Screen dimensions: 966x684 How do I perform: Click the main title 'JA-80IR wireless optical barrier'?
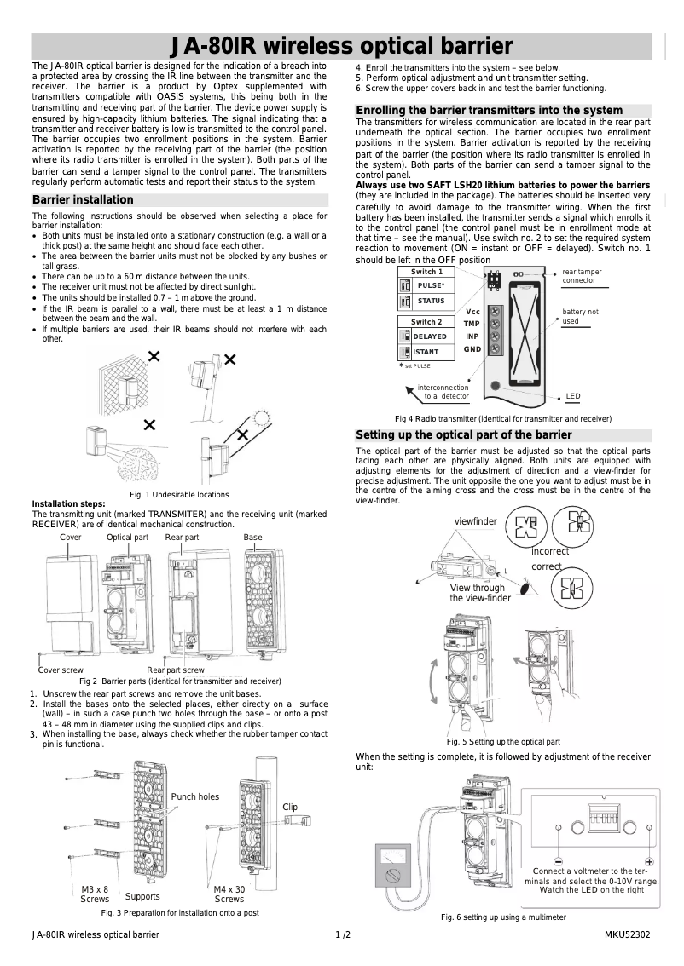tap(341, 46)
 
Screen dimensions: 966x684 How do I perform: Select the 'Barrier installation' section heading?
tap(83, 200)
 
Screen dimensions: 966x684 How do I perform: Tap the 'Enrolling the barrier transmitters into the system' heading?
tap(489, 111)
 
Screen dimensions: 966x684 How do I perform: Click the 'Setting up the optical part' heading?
tap(463, 435)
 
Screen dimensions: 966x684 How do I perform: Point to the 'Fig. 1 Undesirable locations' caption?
tap(179, 495)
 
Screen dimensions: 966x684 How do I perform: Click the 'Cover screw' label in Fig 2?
tap(61, 670)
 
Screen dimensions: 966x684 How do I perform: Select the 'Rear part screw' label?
tap(176, 670)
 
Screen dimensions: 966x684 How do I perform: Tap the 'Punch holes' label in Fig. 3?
tap(194, 797)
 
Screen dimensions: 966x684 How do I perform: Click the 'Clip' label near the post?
tap(290, 807)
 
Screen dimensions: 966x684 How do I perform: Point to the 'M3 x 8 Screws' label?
tap(95, 894)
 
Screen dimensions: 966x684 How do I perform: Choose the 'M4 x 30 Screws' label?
tap(229, 894)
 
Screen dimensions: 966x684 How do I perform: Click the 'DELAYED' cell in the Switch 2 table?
tap(430, 336)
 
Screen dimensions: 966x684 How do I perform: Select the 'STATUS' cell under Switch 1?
tap(431, 301)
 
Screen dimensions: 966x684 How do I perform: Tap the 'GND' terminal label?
tap(472, 349)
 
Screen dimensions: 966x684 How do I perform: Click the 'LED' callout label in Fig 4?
tap(573, 397)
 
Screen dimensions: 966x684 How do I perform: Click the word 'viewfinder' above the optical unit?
tap(475, 521)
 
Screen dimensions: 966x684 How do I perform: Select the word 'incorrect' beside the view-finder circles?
tap(550, 551)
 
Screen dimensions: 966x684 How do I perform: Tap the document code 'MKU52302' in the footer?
tap(627, 934)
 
